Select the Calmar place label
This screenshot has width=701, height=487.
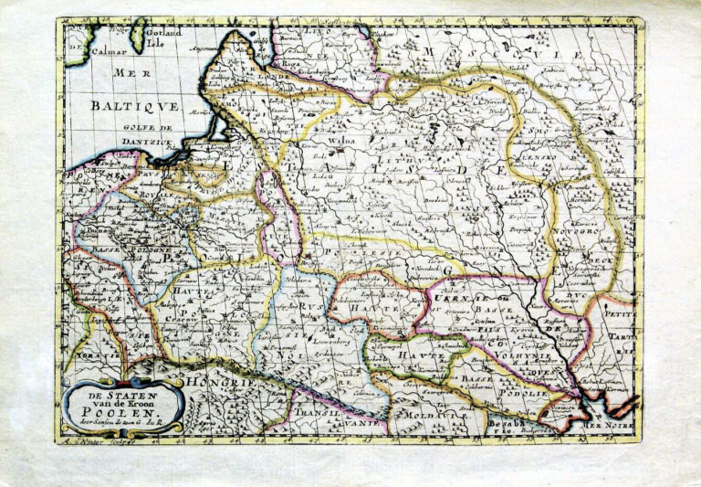(x=105, y=51)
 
